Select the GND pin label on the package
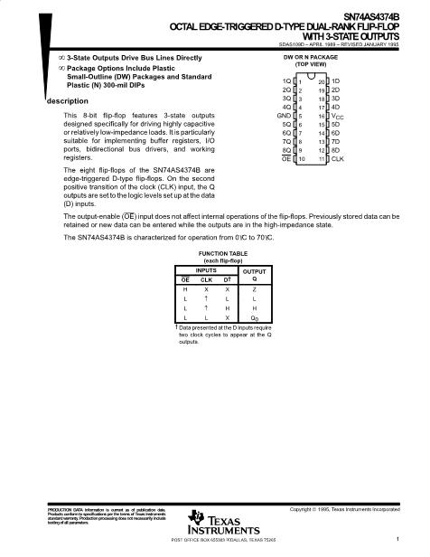284,116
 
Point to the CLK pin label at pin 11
338,158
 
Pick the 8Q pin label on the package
285,149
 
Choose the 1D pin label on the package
335,82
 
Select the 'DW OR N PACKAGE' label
310,57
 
